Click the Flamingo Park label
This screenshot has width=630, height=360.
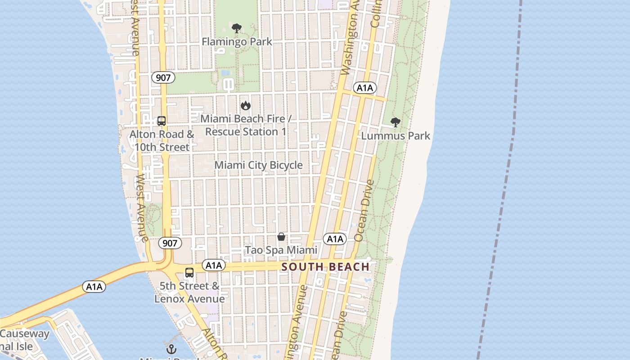tap(237, 42)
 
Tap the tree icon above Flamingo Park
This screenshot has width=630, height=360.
tap(237, 28)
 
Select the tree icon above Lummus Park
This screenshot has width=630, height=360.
tap(396, 122)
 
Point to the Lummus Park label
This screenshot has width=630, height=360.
tap(396, 135)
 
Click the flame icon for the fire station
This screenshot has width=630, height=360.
tap(245, 105)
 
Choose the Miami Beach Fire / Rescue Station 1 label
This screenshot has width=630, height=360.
tap(246, 125)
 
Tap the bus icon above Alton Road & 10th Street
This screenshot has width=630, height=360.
tap(162, 121)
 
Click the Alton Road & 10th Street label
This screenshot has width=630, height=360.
tap(162, 140)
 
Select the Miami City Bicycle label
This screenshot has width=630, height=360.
tap(258, 165)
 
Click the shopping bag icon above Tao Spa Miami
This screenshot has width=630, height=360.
tap(281, 237)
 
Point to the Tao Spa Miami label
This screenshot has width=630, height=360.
tap(281, 250)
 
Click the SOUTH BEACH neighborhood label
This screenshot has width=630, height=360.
tap(325, 267)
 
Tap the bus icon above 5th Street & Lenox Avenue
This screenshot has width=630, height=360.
tap(189, 272)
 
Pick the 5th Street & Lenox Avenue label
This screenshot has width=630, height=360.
tap(189, 292)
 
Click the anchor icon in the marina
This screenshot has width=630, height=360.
tap(171, 349)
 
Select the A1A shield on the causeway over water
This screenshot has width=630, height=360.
tap(94, 287)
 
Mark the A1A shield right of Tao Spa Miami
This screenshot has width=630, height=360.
tap(335, 239)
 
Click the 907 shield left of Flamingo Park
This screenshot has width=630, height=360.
tap(163, 77)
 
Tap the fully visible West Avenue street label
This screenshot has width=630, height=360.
tap(142, 208)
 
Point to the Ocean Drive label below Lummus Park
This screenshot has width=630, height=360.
tap(364, 210)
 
